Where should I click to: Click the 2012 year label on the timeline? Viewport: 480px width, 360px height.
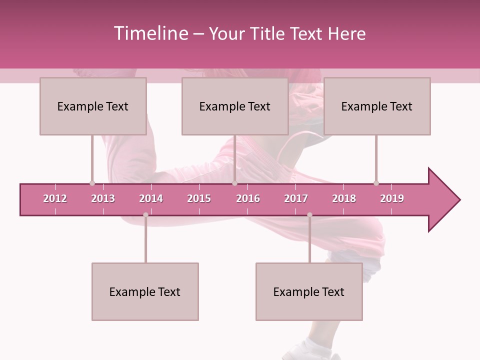55,198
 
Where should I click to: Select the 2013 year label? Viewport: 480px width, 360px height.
103,198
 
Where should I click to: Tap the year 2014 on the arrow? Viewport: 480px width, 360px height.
151,198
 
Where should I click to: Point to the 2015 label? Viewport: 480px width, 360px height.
199,198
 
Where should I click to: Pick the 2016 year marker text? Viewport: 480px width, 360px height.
248,198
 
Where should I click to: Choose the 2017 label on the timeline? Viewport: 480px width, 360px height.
296,198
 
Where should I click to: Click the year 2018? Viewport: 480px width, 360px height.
344,198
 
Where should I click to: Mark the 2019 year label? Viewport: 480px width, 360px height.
392,198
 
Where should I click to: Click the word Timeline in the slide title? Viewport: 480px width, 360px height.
150,33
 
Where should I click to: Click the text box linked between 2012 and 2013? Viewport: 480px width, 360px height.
93,106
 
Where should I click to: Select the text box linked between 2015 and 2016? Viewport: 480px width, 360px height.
235,106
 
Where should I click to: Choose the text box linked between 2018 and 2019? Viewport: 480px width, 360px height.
377,106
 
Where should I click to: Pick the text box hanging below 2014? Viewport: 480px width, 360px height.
145,291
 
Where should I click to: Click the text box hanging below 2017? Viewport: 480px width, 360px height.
309,291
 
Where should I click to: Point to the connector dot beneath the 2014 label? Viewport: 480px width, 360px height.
145,215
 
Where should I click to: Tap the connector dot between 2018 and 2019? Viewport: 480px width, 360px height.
376,183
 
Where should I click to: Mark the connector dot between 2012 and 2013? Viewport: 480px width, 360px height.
92,183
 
